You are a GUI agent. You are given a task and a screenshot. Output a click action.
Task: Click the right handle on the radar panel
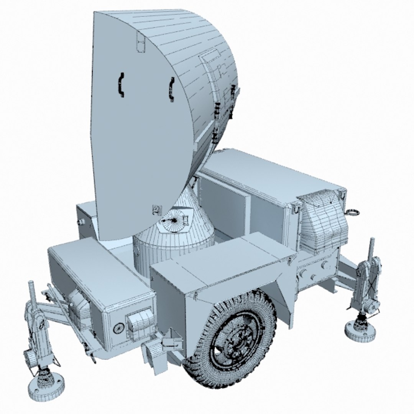pos(171,89)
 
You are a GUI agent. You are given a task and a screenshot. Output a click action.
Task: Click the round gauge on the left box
pos(118,328)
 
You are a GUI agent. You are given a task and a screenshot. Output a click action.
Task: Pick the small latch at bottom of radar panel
pos(156,209)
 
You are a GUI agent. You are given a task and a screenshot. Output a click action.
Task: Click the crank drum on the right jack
pos(370,305)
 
